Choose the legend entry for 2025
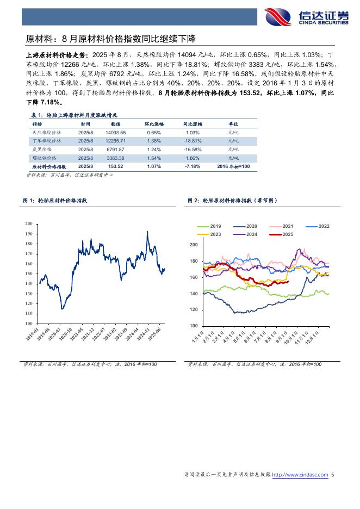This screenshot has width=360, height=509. click(x=282, y=234)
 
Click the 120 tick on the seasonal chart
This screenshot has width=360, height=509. click(x=194, y=309)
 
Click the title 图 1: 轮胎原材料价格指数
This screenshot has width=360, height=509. click(x=55, y=201)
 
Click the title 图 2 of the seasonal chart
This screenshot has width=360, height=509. click(x=232, y=201)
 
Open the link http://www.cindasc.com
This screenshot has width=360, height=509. click(x=300, y=475)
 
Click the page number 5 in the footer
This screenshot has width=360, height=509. click(x=333, y=475)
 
